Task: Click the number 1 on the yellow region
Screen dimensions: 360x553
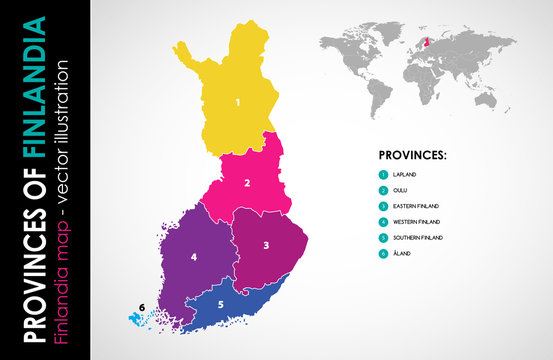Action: (238, 102)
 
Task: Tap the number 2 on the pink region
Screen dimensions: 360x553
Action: (247, 183)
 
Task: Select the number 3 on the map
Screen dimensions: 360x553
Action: (266, 244)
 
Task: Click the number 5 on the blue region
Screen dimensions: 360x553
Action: (221, 304)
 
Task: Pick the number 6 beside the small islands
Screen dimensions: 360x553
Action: (143, 306)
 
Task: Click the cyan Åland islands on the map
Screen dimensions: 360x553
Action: (137, 319)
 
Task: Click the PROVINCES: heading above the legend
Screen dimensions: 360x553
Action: (412, 156)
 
